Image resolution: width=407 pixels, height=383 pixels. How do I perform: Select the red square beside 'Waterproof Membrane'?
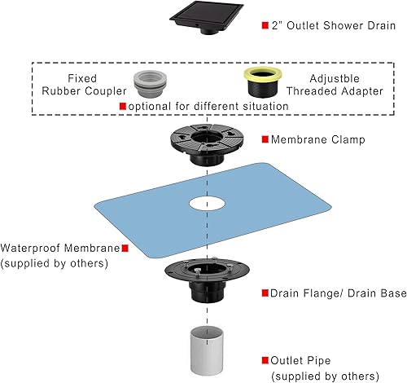125,249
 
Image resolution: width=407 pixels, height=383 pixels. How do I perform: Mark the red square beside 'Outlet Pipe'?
264,359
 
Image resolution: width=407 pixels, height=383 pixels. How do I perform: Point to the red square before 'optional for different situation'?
123,107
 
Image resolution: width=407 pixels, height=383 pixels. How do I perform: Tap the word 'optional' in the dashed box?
150,107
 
